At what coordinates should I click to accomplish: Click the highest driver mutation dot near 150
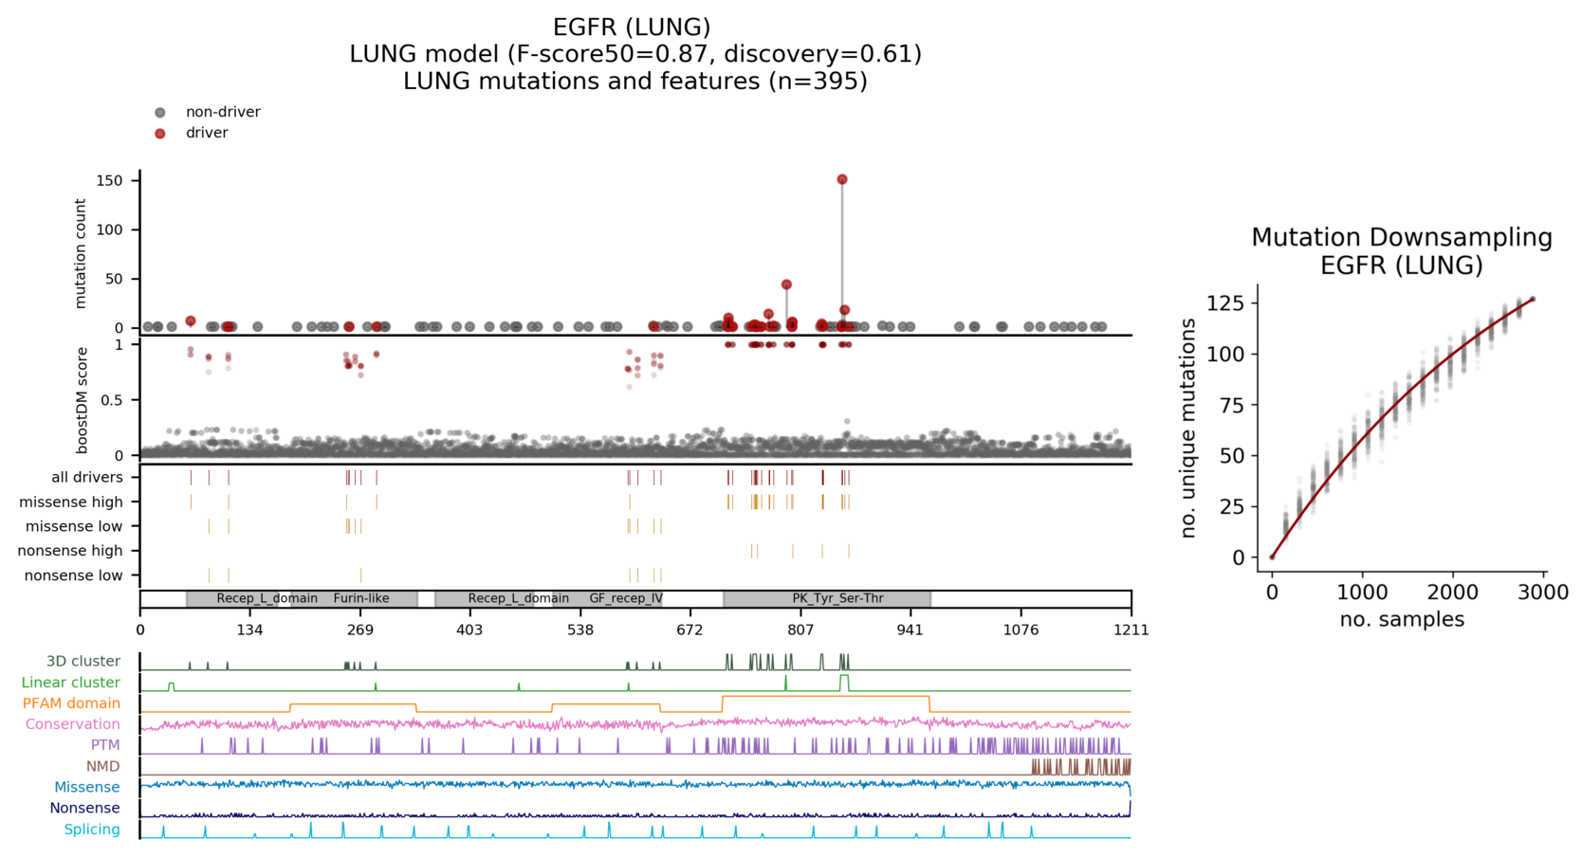(x=842, y=179)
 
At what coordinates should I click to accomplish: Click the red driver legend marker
(x=160, y=134)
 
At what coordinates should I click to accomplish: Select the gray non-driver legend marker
(x=160, y=113)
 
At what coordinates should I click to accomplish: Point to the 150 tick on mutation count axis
(x=110, y=180)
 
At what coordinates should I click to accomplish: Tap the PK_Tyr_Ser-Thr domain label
(x=837, y=598)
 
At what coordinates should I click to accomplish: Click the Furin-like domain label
(x=361, y=598)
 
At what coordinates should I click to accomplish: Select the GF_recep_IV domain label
(x=626, y=598)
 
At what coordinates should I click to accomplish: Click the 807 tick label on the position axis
(x=800, y=630)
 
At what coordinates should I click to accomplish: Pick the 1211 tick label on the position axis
(x=1131, y=630)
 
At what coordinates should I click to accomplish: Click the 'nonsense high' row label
(x=70, y=551)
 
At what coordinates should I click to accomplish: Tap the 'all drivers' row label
(x=86, y=477)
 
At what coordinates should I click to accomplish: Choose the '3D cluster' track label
(x=83, y=662)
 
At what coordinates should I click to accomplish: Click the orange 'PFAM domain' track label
(x=71, y=703)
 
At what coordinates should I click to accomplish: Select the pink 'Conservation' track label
(x=73, y=724)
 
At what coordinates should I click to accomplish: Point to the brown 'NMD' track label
(x=103, y=766)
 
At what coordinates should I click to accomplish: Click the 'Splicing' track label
(x=92, y=830)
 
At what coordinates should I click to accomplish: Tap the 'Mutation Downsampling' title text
(x=1401, y=237)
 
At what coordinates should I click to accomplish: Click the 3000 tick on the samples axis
(x=1542, y=593)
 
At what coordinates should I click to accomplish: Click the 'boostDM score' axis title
(x=82, y=399)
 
